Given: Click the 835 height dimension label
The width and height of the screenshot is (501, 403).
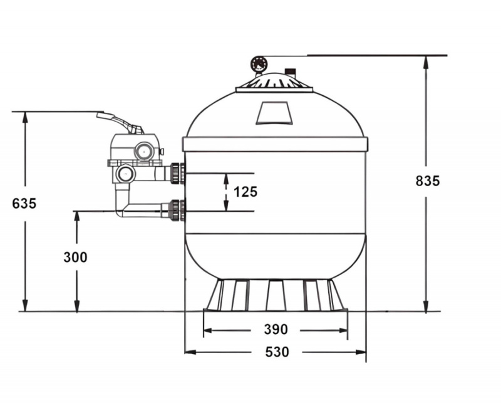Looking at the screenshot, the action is pyautogui.click(x=428, y=181).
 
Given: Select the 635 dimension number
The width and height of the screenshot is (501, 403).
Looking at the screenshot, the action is pyautogui.click(x=24, y=204).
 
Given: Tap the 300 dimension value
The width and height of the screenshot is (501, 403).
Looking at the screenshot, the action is pyautogui.click(x=75, y=257).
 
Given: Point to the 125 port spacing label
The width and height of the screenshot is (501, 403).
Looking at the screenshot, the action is pyautogui.click(x=245, y=192).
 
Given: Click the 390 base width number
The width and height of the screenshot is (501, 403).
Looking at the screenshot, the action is pyautogui.click(x=276, y=329).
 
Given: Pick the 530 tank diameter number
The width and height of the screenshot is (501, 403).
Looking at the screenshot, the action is pyautogui.click(x=277, y=352).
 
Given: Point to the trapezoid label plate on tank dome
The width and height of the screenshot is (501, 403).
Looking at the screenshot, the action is pyautogui.click(x=274, y=113).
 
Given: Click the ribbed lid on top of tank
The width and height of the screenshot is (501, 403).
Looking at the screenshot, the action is pyautogui.click(x=274, y=83).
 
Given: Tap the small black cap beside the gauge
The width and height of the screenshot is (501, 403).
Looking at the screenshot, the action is pyautogui.click(x=290, y=71).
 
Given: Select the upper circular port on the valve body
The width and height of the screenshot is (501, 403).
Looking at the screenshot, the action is pyautogui.click(x=145, y=150).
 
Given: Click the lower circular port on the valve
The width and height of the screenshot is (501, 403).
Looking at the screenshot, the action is pyautogui.click(x=125, y=174).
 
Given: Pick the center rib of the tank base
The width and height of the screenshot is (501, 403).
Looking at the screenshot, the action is pyautogui.click(x=276, y=295).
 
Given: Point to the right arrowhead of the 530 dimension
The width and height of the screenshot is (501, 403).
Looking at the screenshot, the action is pyautogui.click(x=361, y=352).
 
